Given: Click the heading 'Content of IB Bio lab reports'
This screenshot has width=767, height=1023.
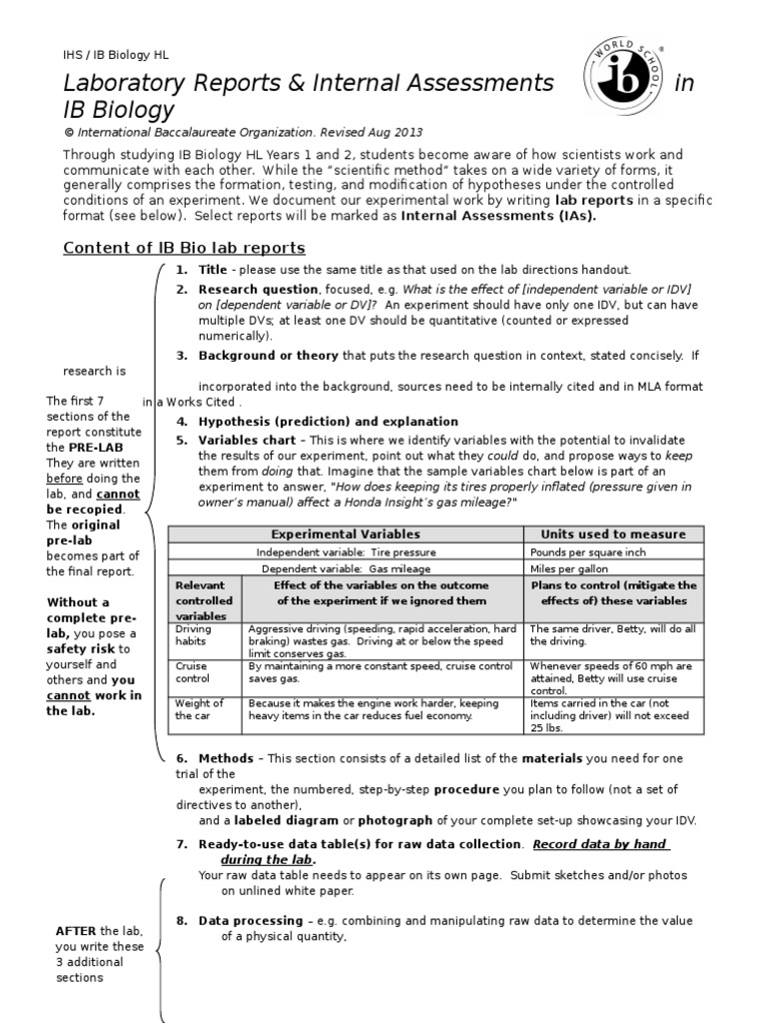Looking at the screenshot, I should click(184, 248).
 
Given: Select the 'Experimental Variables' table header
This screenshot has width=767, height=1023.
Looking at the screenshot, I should click(346, 534).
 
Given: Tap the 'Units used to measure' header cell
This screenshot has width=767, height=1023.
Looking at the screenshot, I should click(613, 534).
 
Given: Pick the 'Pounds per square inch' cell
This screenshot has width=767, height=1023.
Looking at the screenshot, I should click(588, 552).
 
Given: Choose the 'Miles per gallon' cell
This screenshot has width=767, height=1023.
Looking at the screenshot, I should click(569, 568).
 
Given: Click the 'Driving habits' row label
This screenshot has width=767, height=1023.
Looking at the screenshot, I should click(194, 636).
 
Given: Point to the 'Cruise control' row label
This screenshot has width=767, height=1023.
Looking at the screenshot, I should click(192, 671).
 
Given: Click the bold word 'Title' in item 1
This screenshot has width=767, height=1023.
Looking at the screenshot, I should click(213, 270).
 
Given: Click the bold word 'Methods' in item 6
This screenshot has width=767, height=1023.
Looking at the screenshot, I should click(227, 758).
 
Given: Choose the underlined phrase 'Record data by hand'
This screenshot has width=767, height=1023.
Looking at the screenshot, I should click(600, 843).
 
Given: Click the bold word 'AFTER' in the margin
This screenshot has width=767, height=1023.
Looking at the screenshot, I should click(76, 930).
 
